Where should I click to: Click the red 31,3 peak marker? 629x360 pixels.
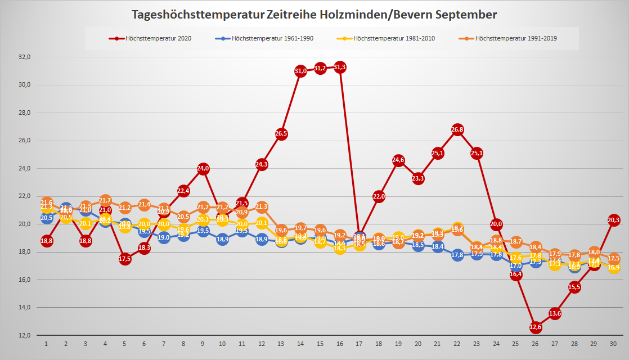[340, 67]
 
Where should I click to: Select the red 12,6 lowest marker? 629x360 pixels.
[536, 327]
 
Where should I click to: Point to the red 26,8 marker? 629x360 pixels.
[457, 130]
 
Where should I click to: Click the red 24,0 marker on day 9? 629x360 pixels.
[203, 169]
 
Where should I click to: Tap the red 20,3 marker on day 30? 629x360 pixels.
[614, 220]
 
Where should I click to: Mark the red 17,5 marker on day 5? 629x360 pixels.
[125, 259]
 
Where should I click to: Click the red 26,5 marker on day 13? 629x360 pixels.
[281, 134]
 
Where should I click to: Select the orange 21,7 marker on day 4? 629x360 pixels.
[105, 200]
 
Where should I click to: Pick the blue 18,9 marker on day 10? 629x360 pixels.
[223, 239]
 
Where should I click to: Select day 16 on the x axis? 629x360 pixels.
[340, 343]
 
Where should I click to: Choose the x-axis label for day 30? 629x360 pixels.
[614, 343]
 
